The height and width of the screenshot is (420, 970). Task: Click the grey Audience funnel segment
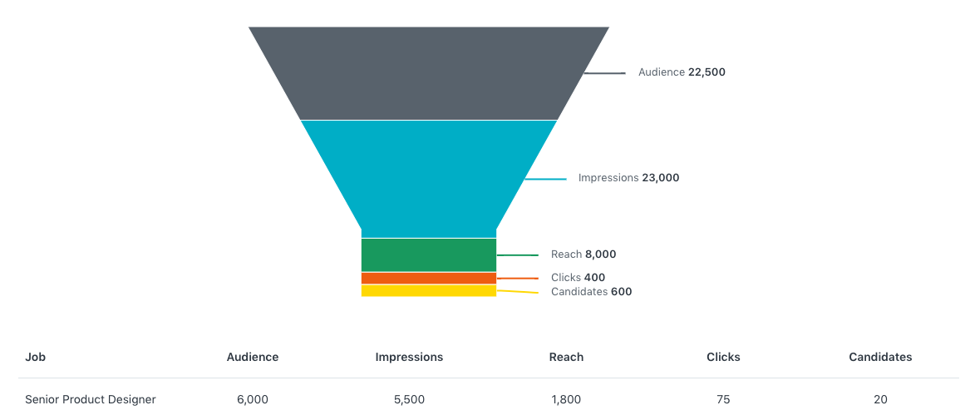(429, 73)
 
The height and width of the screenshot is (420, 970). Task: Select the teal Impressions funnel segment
(429, 179)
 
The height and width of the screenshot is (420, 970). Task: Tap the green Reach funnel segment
(429, 254)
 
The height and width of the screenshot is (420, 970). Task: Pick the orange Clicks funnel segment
(429, 279)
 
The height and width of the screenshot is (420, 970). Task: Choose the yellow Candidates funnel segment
(429, 291)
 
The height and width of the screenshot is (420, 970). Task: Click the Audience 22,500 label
(682, 72)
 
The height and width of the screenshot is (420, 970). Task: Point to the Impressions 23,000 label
(628, 178)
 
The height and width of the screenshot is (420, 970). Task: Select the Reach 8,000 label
(583, 254)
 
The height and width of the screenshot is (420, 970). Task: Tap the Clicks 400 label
(578, 278)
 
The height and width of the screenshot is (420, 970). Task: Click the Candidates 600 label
(592, 292)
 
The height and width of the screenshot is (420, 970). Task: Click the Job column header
(35, 357)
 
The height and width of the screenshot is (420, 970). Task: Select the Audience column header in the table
(253, 357)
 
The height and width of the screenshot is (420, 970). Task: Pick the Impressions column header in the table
(409, 357)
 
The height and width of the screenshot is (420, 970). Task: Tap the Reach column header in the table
(566, 357)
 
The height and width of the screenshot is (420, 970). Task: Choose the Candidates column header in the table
(880, 357)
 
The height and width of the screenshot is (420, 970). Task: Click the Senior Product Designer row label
(91, 399)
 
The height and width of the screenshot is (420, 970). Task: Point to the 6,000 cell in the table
(253, 399)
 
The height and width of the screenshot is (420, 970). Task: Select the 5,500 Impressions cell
(409, 399)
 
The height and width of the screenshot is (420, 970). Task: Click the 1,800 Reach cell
(566, 399)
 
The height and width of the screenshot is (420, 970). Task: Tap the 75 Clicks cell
(723, 399)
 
